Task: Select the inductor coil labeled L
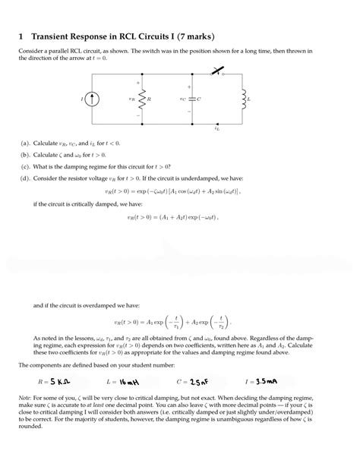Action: [243, 99]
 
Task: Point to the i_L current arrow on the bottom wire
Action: [218, 124]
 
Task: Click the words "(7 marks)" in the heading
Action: [190, 36]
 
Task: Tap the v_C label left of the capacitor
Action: [182, 99]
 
